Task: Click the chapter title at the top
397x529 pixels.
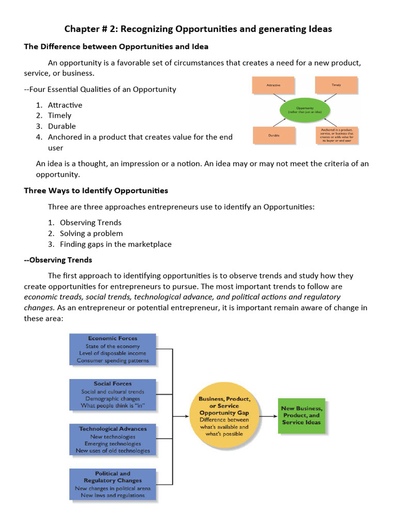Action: pos(198,29)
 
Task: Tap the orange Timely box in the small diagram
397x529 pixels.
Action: pos(336,85)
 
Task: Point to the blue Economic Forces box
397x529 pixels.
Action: pos(113,349)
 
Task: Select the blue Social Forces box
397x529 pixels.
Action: pos(113,395)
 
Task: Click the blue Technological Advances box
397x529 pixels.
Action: pos(113,440)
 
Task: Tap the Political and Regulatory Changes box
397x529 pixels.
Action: pos(113,484)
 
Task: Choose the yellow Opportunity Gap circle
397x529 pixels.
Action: pos(224,416)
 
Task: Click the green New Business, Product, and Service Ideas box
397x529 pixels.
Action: pos(301,415)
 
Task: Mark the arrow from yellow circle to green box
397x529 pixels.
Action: pos(267,416)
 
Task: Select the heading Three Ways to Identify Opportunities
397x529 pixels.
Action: pos(96,191)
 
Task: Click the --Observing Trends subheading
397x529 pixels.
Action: pos(58,259)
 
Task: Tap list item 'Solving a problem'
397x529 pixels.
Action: pos(91,234)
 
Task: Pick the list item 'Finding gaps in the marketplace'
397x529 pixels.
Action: pos(115,244)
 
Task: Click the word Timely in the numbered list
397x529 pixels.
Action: pos(59,116)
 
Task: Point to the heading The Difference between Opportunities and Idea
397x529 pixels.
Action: pos(116,46)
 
